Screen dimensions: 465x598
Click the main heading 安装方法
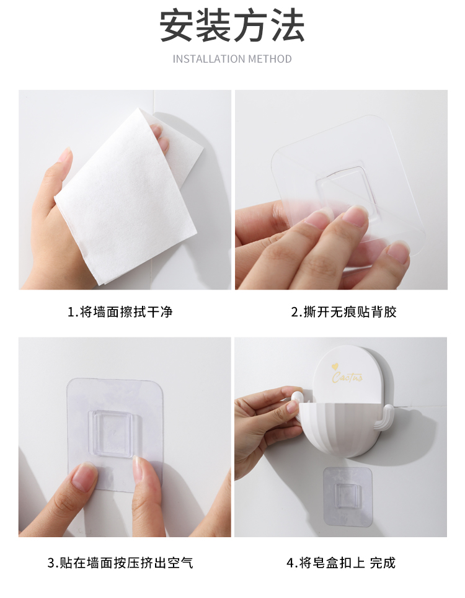pos(232,25)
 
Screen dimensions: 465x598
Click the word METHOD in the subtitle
pos(270,59)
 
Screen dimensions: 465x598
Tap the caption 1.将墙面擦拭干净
pos(120,312)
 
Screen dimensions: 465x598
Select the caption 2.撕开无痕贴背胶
pos(344,312)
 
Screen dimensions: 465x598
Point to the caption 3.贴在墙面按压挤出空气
pos(120,563)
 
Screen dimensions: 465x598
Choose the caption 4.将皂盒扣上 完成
pos(341,563)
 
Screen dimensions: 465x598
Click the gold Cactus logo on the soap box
pos(347,377)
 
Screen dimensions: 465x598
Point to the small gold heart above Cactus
pos(335,367)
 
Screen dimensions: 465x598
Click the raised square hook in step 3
pos(113,434)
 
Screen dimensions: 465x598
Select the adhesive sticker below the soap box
pos(348,496)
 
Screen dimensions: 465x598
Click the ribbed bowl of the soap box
pos(339,429)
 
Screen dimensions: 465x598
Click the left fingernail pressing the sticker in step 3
pos(84,476)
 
